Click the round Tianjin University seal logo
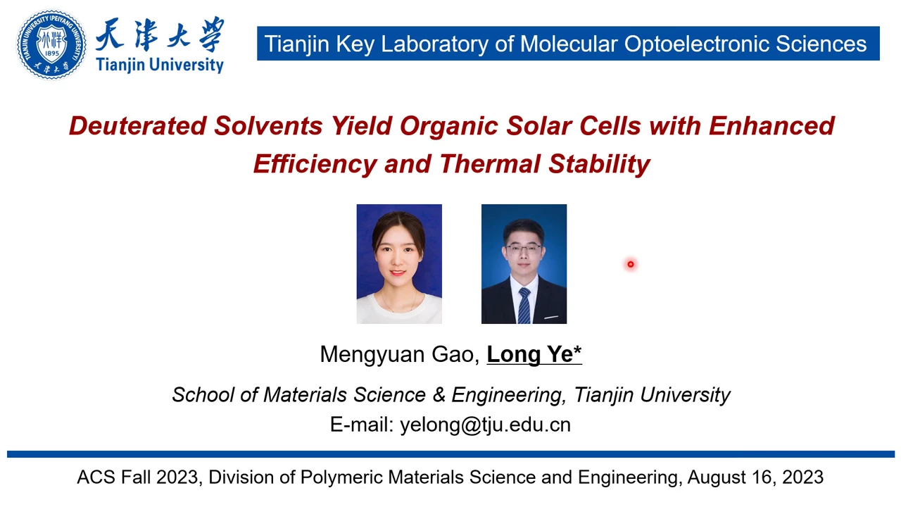coord(51,44)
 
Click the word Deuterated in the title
coord(138,125)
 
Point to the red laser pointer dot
coord(630,264)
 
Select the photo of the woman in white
coord(399,264)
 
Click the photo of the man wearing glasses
coord(524,264)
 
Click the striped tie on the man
coord(524,306)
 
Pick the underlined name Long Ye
coord(530,354)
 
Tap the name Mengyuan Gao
coord(400,354)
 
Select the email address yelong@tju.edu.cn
coord(486,425)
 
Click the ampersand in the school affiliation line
coord(439,394)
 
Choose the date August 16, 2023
coord(755,477)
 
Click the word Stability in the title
coord(599,164)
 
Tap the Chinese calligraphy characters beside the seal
coord(160,35)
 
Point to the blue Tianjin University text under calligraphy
coord(160,65)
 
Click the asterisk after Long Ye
coord(578,350)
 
